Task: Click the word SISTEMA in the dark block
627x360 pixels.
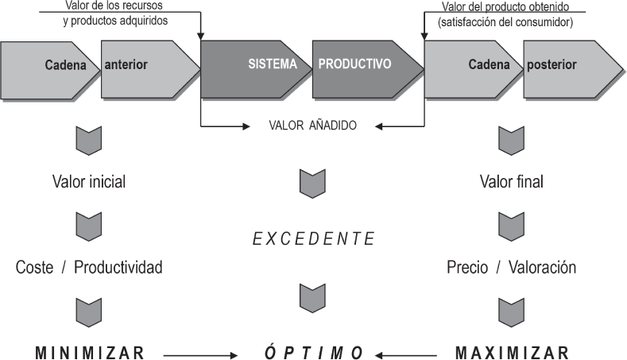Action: pyautogui.click(x=272, y=64)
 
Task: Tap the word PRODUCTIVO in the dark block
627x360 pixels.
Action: pyautogui.click(x=354, y=64)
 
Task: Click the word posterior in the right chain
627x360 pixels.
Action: pyautogui.click(x=551, y=64)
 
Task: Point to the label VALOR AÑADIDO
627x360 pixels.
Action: pyautogui.click(x=312, y=126)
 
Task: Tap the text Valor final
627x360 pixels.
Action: pyautogui.click(x=512, y=181)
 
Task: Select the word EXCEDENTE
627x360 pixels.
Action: pyautogui.click(x=313, y=238)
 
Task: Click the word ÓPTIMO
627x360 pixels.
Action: pyautogui.click(x=314, y=351)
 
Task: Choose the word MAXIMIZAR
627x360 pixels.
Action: pyautogui.click(x=513, y=351)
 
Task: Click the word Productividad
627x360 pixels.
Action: pyautogui.click(x=118, y=267)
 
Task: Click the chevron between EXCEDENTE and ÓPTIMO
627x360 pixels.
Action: pyautogui.click(x=312, y=296)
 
